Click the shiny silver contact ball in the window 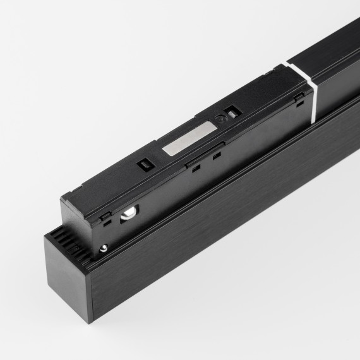coord(127,214)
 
